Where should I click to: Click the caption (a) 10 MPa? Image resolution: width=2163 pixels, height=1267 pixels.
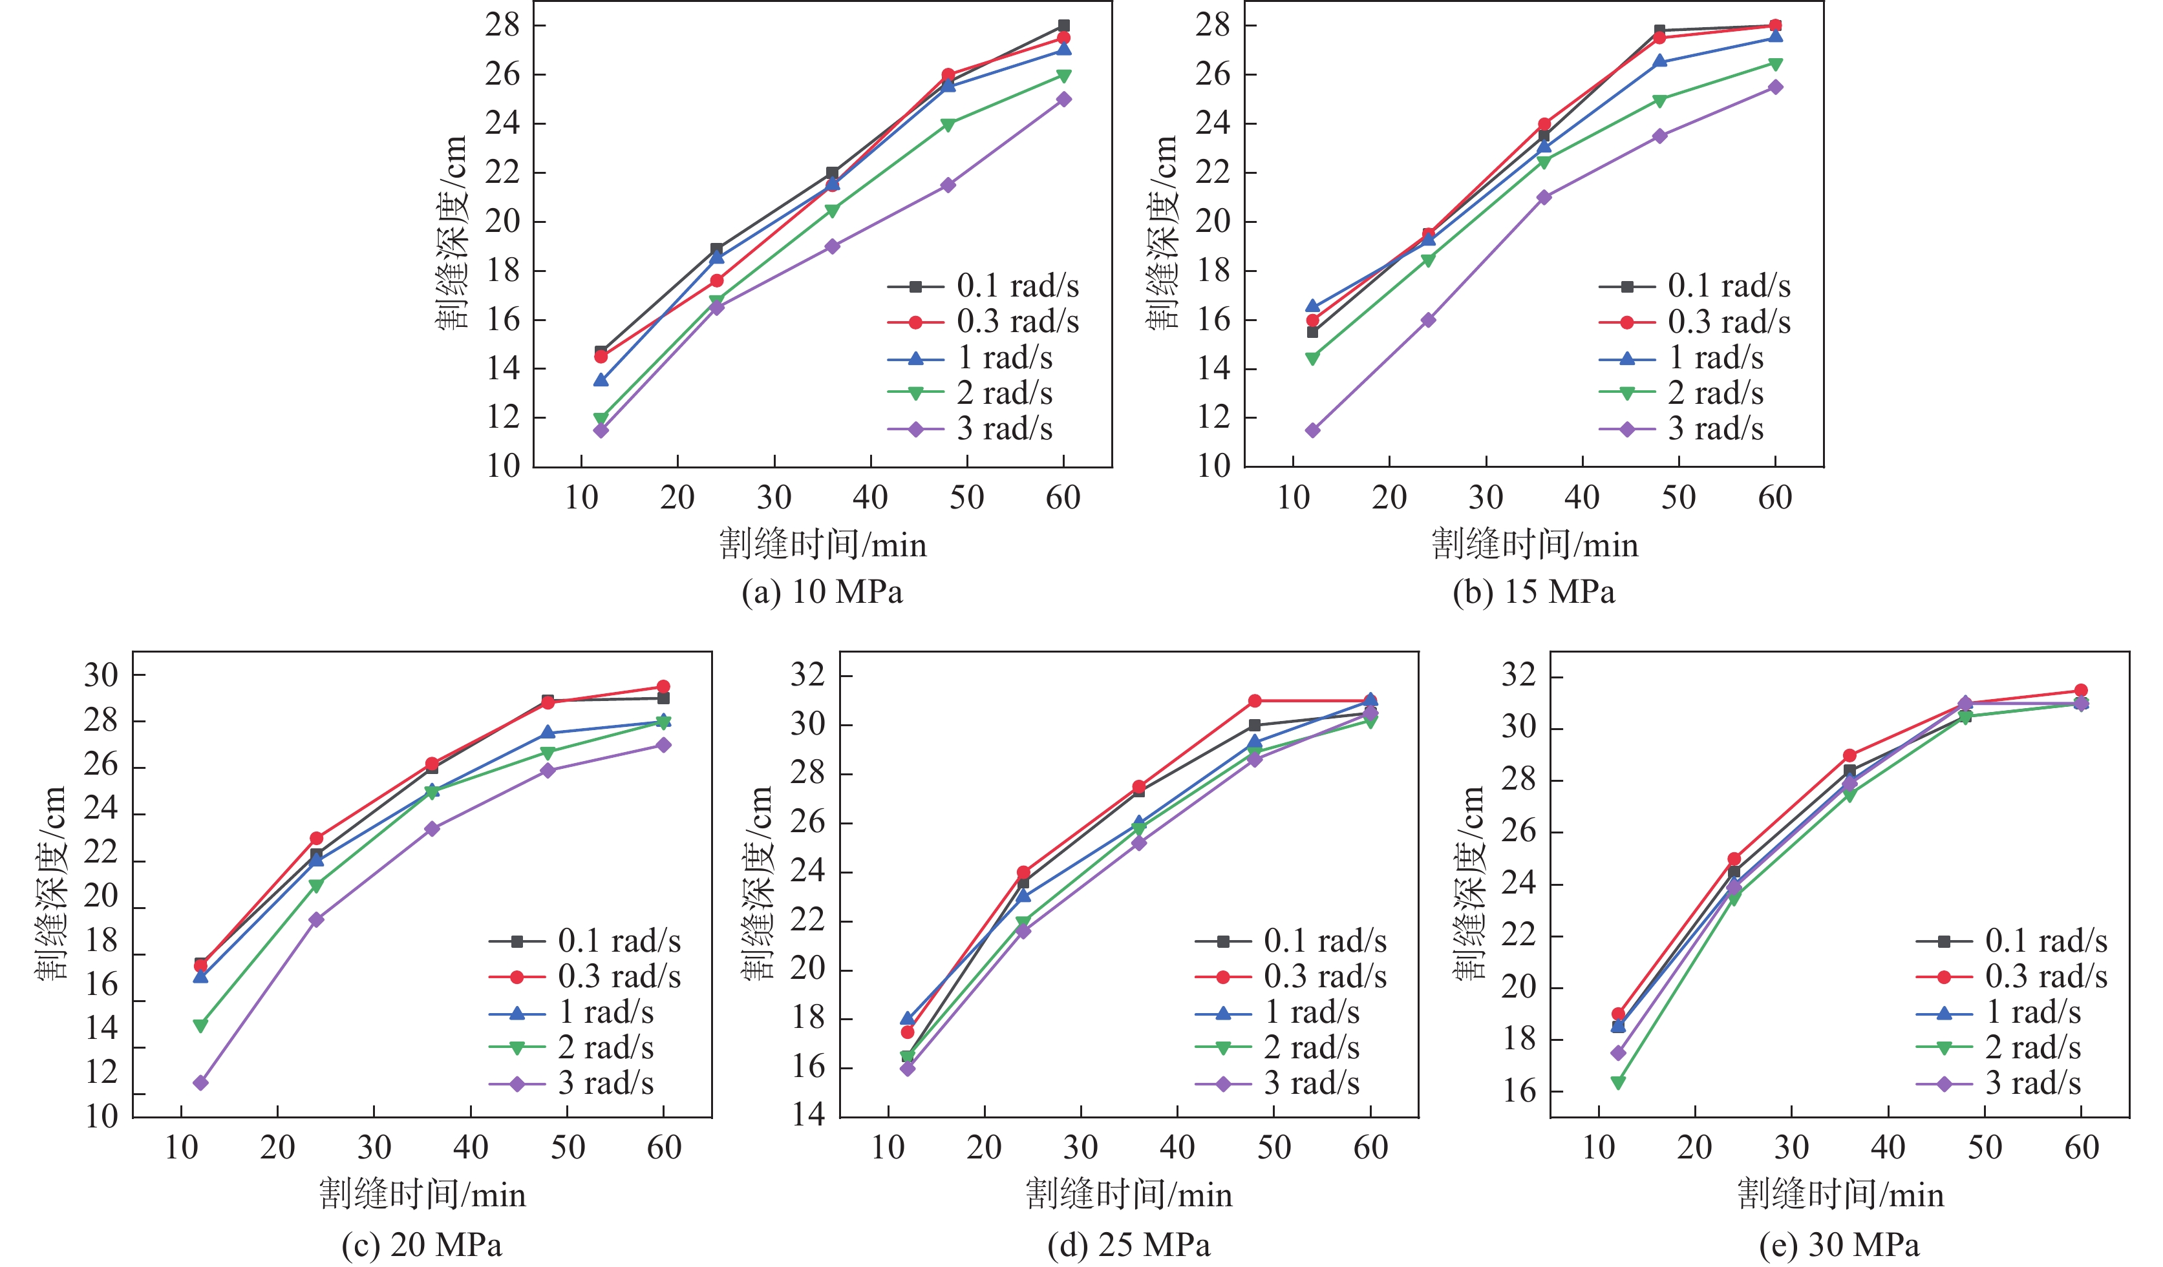(x=822, y=592)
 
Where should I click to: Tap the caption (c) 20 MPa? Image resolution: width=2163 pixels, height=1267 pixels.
(x=421, y=1244)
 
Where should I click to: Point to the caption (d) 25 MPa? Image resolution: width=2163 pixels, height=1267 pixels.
(x=1128, y=1244)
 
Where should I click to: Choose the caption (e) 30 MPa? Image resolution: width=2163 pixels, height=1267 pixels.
(x=1838, y=1244)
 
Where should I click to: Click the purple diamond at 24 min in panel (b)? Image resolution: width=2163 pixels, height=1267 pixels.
(x=1428, y=320)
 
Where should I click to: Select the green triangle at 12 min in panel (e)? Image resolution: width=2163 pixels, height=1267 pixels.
(x=1618, y=1084)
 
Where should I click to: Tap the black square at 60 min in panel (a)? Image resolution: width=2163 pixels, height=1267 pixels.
(x=1063, y=26)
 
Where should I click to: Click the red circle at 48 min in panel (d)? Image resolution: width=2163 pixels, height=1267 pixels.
(x=1255, y=701)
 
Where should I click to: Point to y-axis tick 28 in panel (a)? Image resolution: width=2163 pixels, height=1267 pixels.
(x=503, y=26)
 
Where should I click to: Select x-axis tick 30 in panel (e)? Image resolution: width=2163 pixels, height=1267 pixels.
(x=1791, y=1147)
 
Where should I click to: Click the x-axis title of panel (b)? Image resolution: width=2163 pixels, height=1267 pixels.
(x=1535, y=545)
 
